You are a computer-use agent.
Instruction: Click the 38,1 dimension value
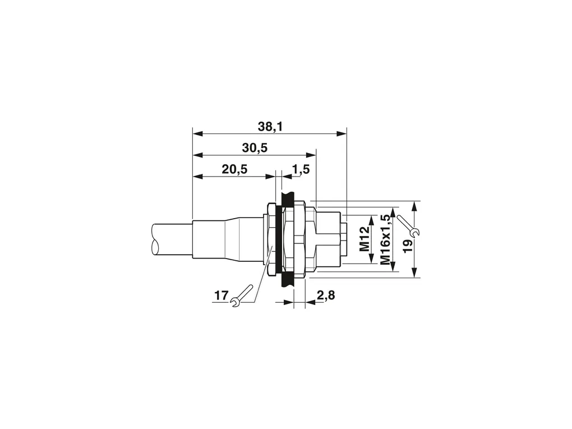pos(270,127)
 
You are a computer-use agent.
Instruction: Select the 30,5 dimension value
pos(255,147)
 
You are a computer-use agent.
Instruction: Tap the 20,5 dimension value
pos(234,169)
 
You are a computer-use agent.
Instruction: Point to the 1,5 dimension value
pos(301,169)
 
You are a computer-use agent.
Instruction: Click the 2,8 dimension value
pos(326,295)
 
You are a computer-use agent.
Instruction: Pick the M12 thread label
pos(365,238)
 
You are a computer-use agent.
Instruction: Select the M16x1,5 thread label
pos(385,239)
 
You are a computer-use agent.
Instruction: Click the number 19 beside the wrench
pos(408,246)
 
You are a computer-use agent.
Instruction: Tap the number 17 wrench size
pos(221,295)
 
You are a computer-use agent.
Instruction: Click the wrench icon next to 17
pos(241,296)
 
